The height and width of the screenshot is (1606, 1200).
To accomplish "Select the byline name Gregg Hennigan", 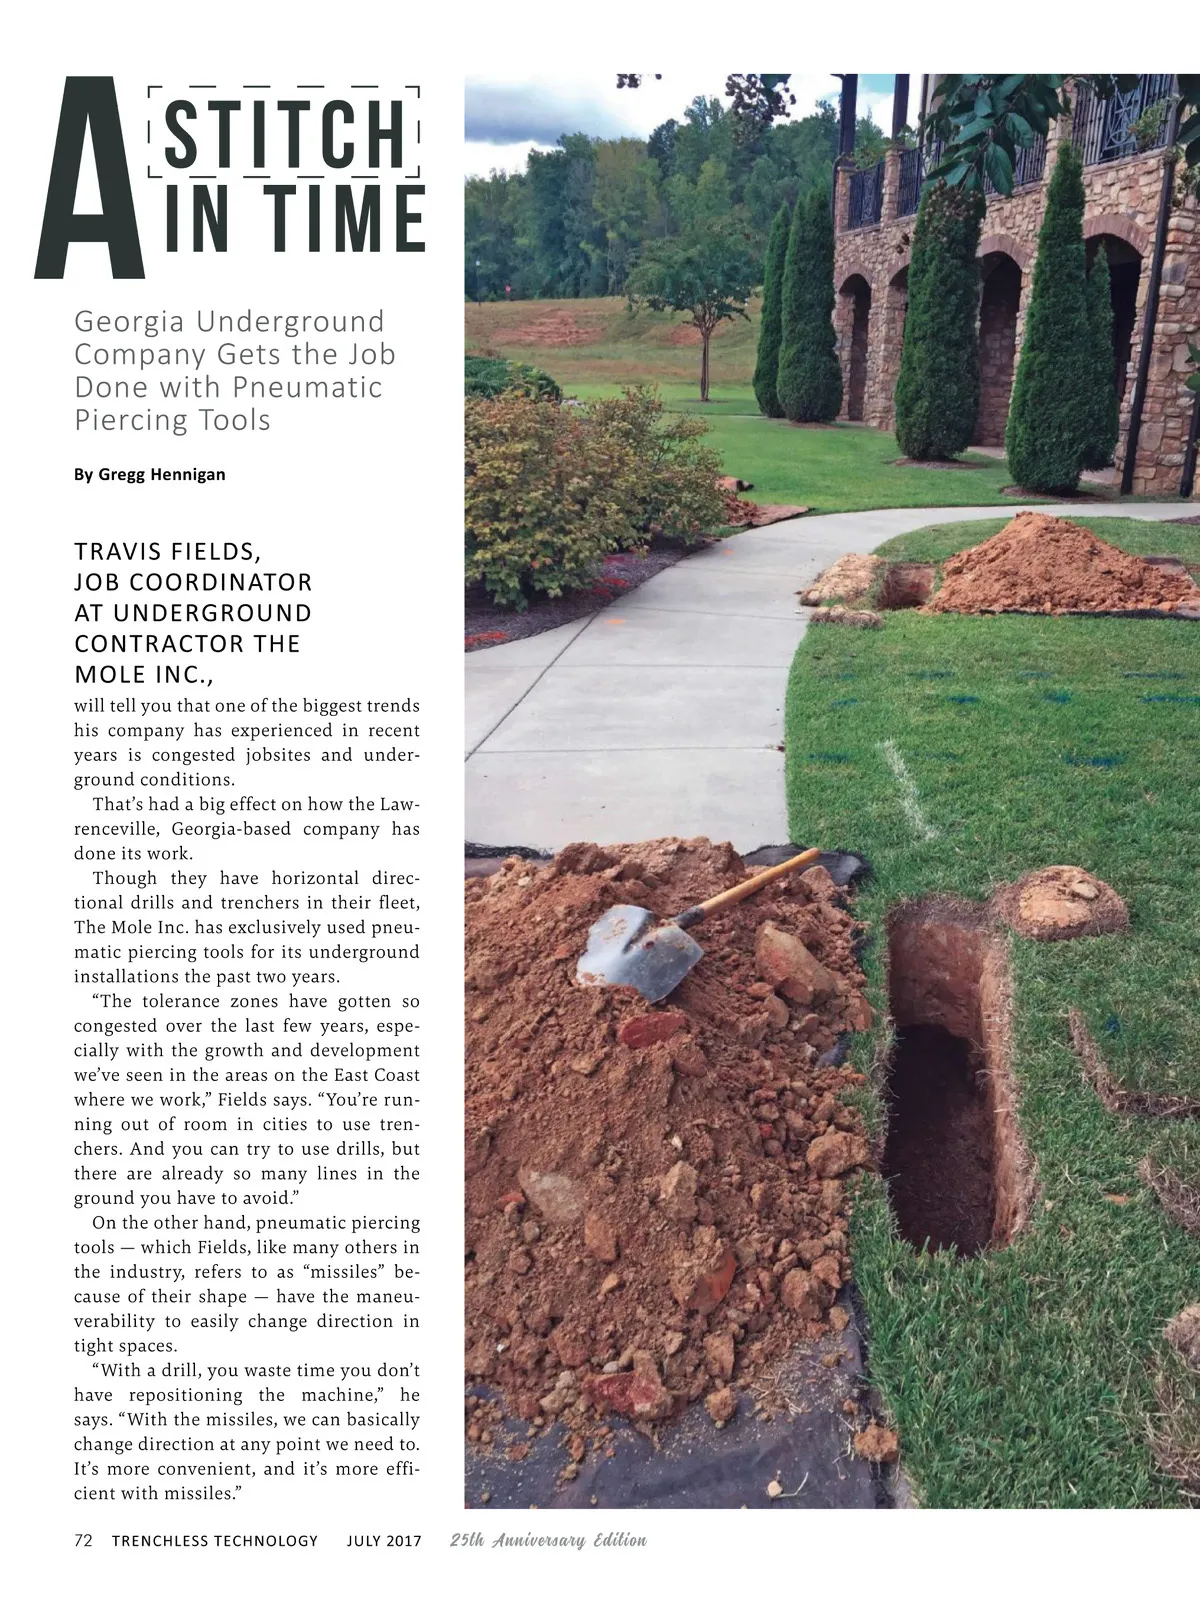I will pos(162,474).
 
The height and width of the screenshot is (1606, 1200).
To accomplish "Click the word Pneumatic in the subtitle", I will pos(307,387).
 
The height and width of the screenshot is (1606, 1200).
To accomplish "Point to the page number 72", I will pos(83,1540).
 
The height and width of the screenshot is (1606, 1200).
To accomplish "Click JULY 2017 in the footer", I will pos(384,1541).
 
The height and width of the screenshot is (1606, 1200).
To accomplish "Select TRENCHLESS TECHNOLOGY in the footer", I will pos(214,1541).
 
